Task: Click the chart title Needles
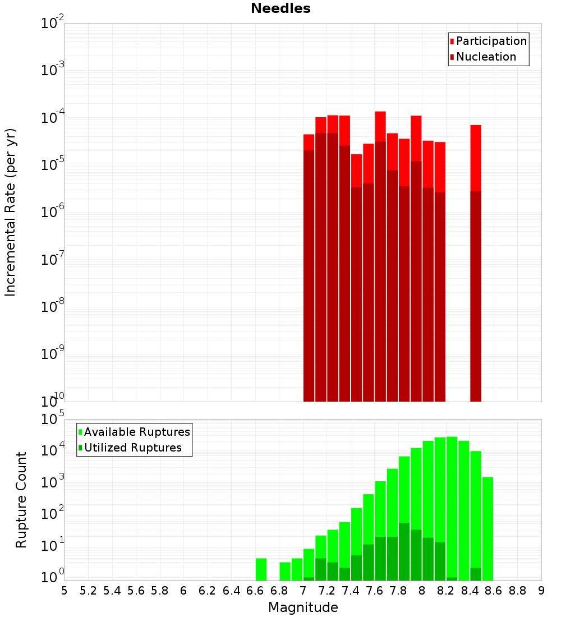click(x=280, y=8)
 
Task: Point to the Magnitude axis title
click(x=303, y=607)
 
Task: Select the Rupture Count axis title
click(x=21, y=500)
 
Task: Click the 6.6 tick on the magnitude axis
click(x=255, y=591)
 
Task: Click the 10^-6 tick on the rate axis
click(x=52, y=212)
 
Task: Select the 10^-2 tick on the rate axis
click(x=52, y=24)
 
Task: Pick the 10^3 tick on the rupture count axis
click(x=52, y=482)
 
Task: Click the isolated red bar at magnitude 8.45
click(x=476, y=264)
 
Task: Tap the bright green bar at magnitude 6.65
click(x=261, y=569)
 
